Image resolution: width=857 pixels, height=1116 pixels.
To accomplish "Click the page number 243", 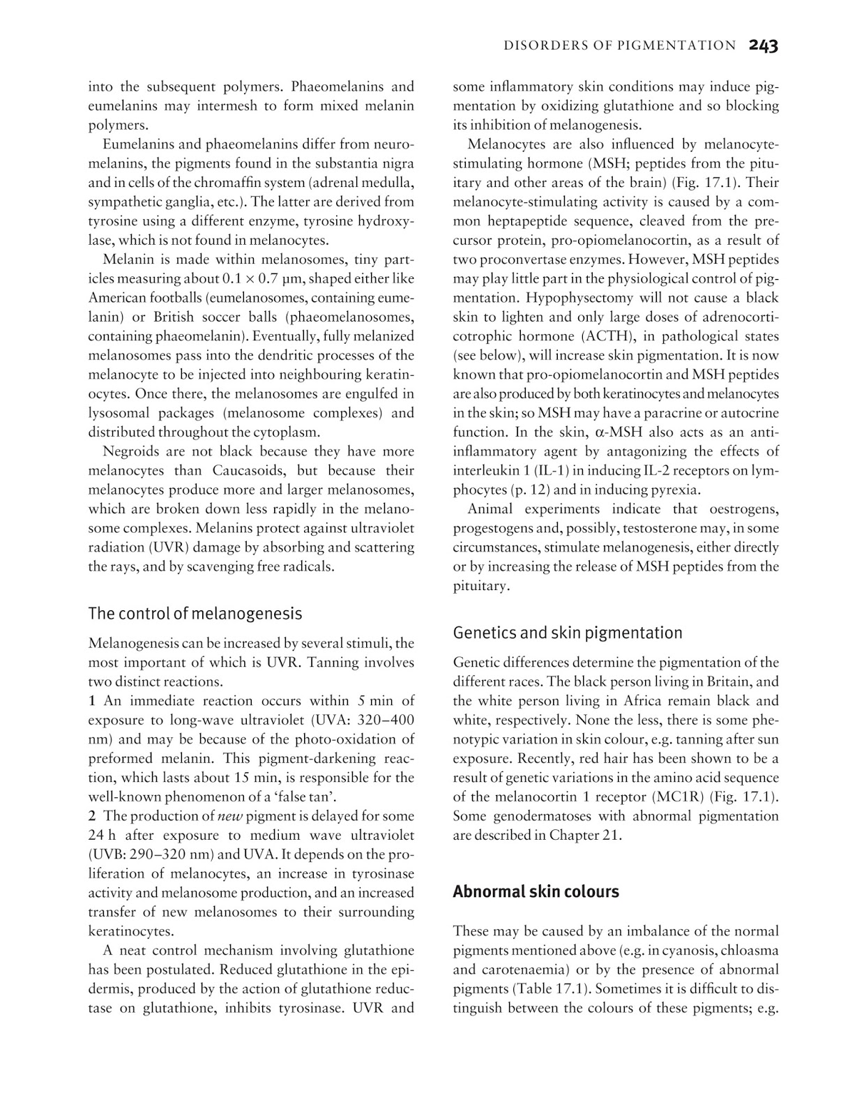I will coord(764,46).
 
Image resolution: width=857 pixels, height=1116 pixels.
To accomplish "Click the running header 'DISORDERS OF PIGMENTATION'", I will coord(619,46).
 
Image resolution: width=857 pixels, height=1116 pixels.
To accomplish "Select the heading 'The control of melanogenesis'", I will coord(195,614).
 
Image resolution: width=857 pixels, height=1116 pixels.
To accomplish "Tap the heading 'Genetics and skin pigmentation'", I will coord(568,633).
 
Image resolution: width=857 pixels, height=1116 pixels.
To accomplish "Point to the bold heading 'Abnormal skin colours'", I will coord(536,892).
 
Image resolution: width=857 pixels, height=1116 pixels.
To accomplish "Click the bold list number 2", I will coord(92,816).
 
